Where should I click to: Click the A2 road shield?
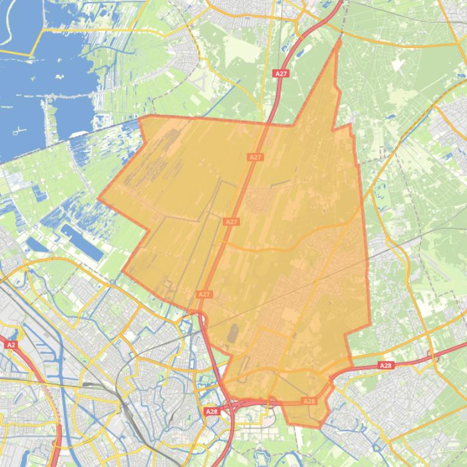[10, 344]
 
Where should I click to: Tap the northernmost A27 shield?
[281, 73]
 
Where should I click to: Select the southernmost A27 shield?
[205, 294]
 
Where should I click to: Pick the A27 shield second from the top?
[256, 157]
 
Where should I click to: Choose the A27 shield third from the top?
[231, 222]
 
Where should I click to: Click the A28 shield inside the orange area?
[309, 401]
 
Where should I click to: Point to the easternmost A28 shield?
[386, 365]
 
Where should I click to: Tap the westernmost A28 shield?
[211, 412]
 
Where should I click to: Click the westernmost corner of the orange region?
[98, 198]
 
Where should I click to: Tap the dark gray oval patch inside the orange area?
[233, 333]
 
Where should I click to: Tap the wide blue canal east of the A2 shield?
[30, 352]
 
